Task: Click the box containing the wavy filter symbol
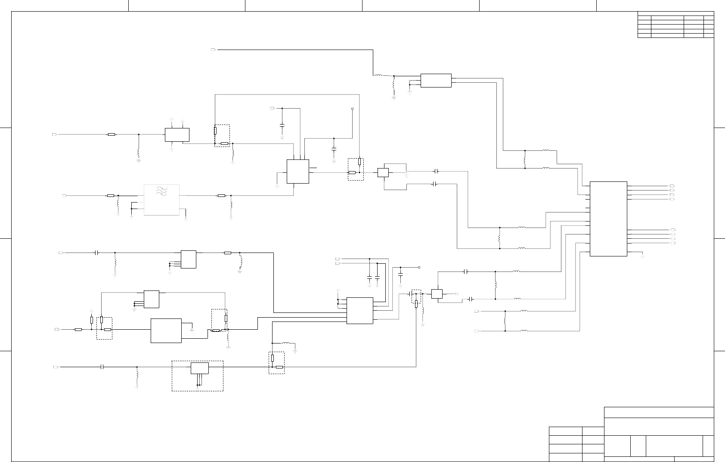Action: point(162,200)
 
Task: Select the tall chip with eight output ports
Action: point(608,219)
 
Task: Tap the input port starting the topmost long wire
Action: point(213,50)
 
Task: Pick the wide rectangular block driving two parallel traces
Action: point(436,81)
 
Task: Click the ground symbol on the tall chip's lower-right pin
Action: point(642,257)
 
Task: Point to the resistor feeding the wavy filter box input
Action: point(111,196)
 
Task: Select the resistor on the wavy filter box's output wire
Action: point(221,196)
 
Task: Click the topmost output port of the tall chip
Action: point(672,186)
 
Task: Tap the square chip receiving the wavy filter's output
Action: point(297,172)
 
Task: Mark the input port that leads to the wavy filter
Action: point(65,196)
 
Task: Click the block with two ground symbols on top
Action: point(177,134)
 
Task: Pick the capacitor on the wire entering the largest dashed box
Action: point(102,367)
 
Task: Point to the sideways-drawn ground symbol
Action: point(458,293)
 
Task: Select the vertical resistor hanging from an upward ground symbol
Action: point(92,320)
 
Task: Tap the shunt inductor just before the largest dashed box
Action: point(137,375)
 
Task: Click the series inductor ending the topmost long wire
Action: point(378,75)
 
